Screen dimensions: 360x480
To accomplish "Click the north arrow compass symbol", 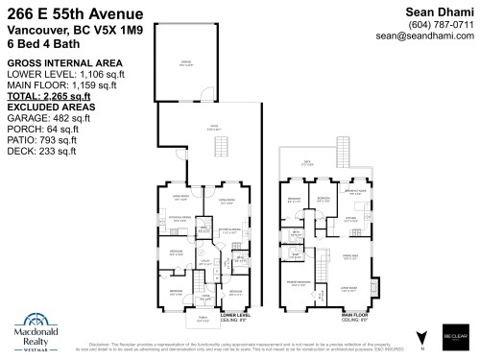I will (x=420, y=334).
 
